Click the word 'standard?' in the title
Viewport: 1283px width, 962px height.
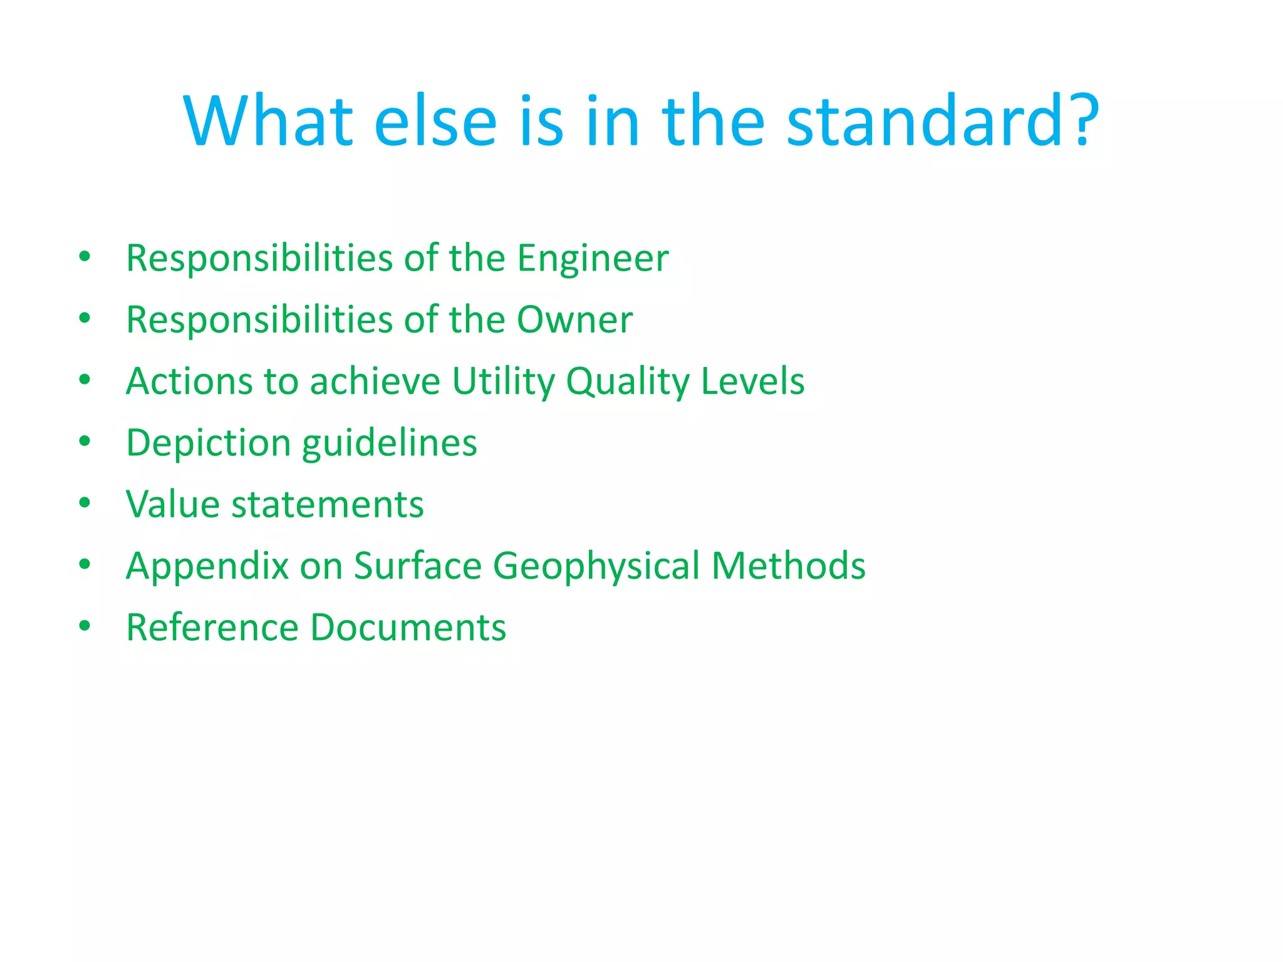(943, 120)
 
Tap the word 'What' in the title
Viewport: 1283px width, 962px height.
(268, 120)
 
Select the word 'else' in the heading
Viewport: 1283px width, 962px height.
(435, 120)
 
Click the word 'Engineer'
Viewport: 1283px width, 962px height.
(593, 258)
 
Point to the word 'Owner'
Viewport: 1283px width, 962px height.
(574, 319)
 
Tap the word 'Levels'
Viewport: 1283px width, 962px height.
(752, 381)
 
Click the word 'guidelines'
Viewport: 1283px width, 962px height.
(389, 443)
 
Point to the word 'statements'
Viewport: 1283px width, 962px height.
(328, 504)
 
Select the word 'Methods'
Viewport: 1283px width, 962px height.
(789, 566)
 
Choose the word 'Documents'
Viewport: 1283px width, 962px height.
(408, 628)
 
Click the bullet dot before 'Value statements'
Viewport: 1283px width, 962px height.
(85, 502)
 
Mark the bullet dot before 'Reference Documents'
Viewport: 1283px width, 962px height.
(85, 626)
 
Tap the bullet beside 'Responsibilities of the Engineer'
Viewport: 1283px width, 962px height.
(85, 256)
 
